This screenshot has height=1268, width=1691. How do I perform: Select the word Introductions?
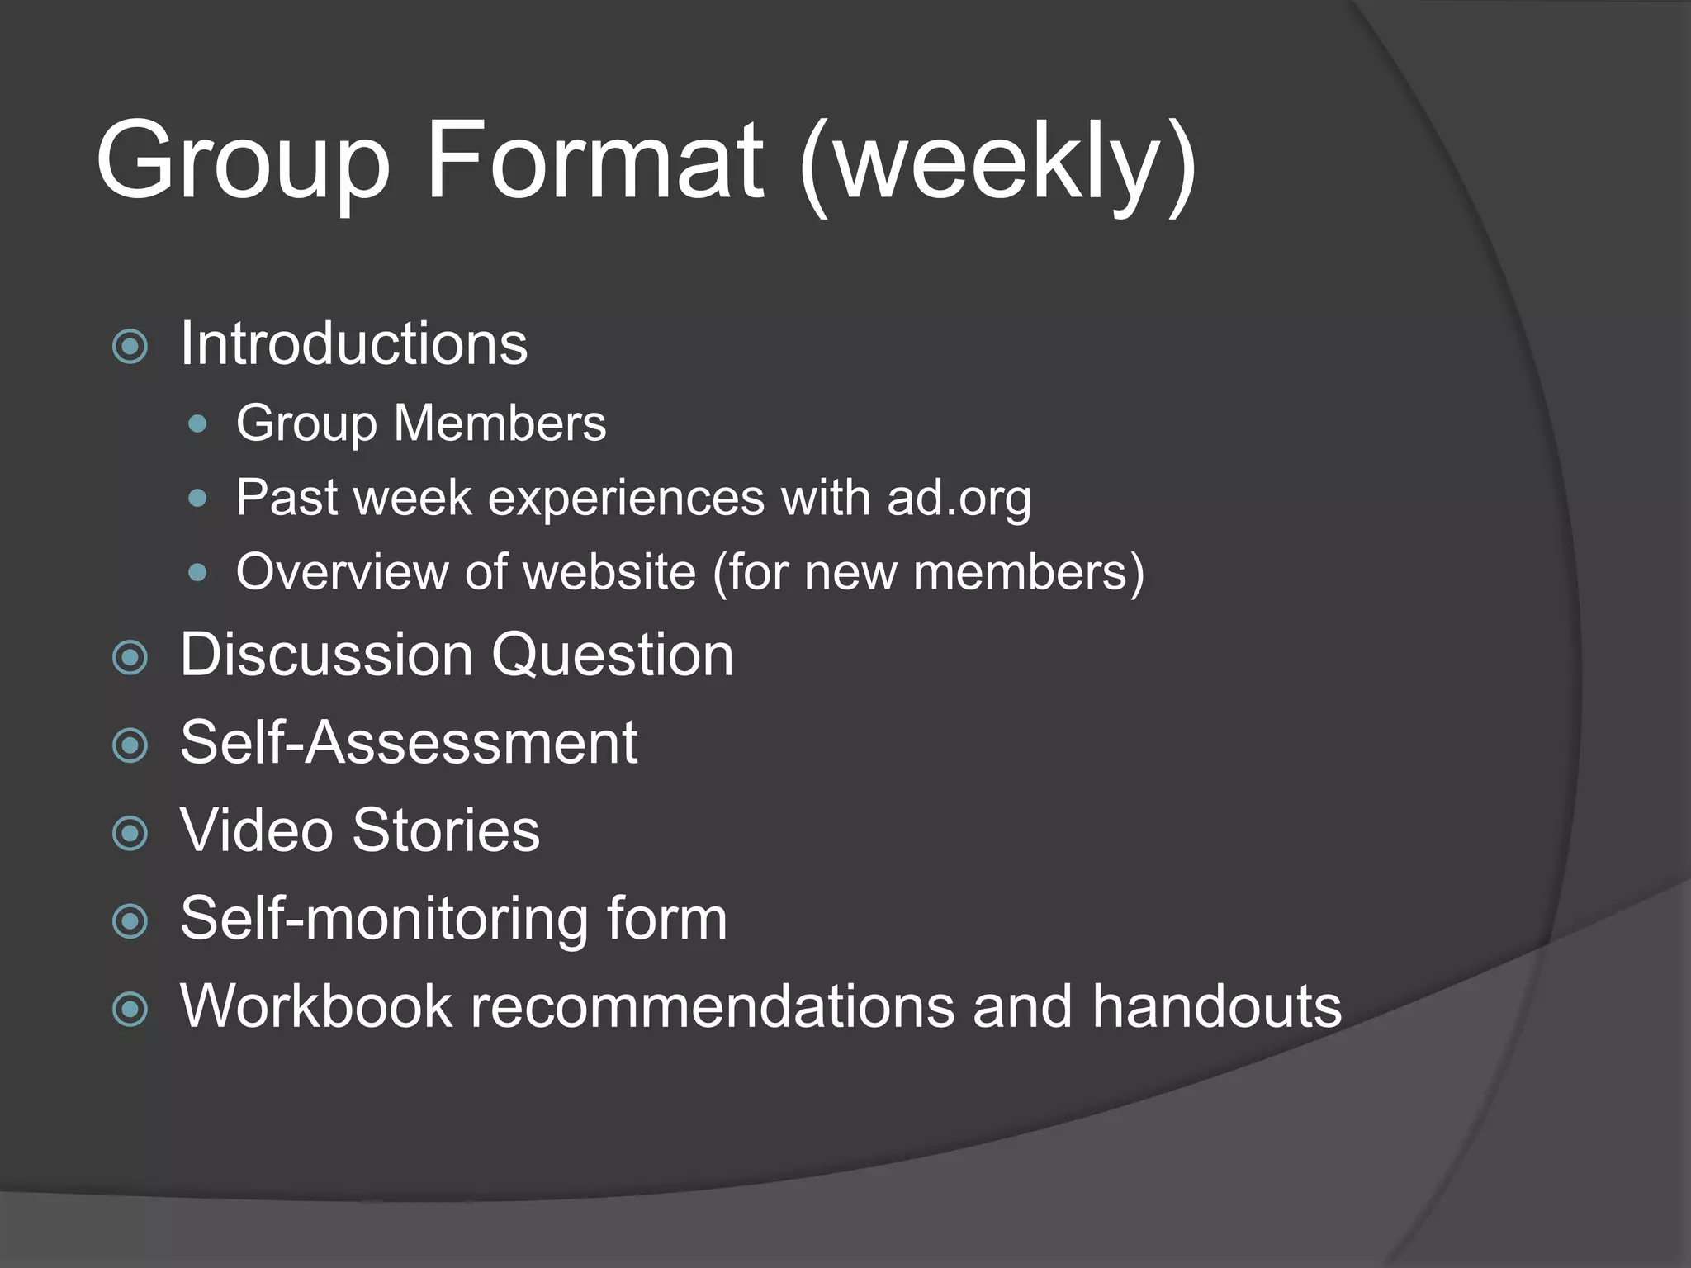tap(353, 343)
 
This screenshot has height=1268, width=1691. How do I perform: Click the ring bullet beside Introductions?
tap(130, 347)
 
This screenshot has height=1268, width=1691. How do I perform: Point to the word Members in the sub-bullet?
tap(500, 423)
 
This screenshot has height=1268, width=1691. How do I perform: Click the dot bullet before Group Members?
tap(197, 425)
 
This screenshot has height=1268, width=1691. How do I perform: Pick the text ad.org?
tap(959, 499)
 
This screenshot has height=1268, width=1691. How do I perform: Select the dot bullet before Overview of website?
tap(197, 573)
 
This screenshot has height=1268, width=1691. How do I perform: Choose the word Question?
tap(612, 655)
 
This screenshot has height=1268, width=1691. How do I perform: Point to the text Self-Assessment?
tap(409, 742)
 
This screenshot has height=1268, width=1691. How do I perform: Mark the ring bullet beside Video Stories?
tap(130, 834)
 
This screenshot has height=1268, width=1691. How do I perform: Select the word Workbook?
tap(316, 1006)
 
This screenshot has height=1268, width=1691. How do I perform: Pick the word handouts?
tap(1216, 1006)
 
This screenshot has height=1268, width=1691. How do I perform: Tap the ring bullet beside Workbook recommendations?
tap(130, 1010)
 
